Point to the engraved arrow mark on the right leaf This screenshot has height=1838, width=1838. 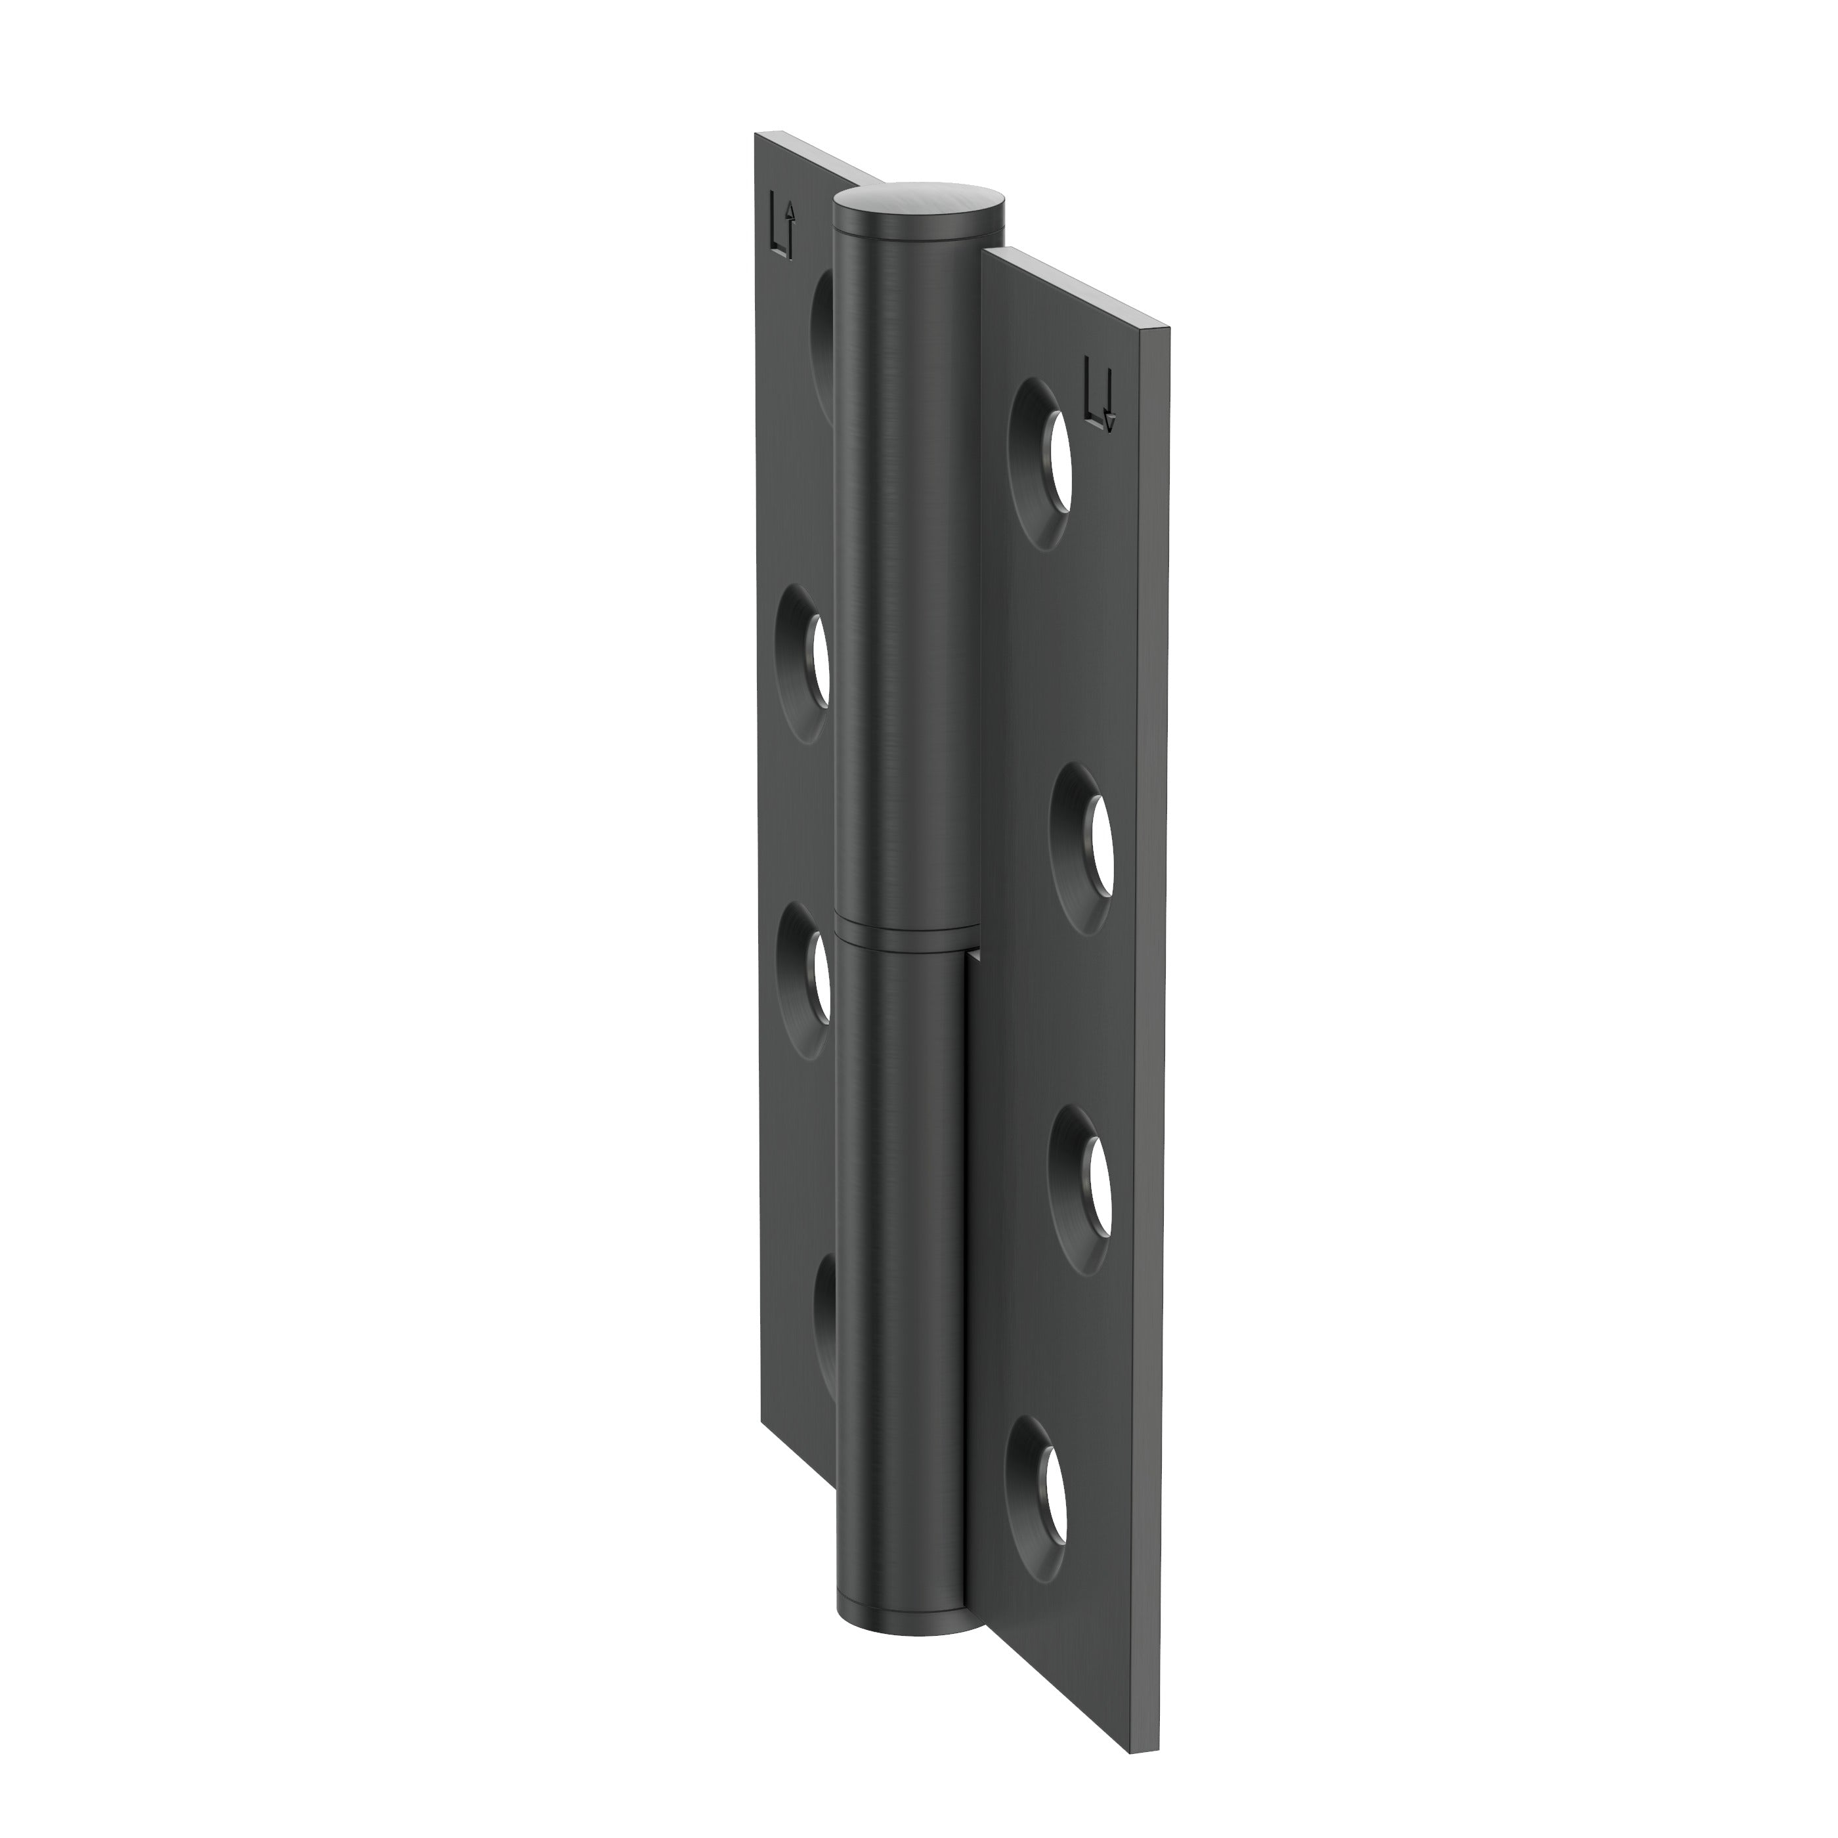pos(1101,393)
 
